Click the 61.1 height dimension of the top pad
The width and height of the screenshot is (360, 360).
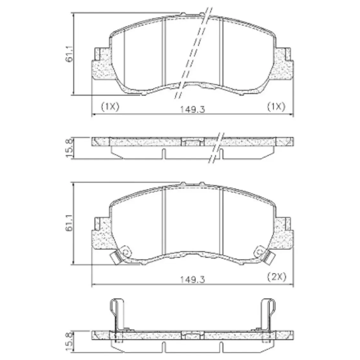[69, 54]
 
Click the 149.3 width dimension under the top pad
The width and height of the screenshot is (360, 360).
[192, 109]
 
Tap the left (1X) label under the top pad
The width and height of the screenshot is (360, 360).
[110, 107]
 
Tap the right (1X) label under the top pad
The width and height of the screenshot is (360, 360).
[276, 107]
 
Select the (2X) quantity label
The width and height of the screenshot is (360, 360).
[277, 277]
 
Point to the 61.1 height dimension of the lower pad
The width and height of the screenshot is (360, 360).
[69, 223]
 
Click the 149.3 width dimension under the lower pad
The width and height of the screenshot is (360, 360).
[192, 280]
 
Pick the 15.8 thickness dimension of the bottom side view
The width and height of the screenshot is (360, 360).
[69, 342]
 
